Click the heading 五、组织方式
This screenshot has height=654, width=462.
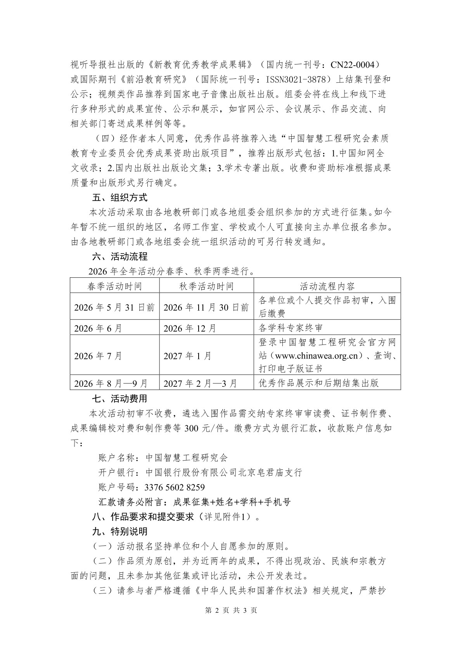click(x=119, y=197)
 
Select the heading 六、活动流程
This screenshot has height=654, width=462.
click(x=119, y=256)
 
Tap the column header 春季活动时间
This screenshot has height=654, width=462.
click(x=114, y=286)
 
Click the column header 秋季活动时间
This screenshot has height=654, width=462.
click(x=206, y=286)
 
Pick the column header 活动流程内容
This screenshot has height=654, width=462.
click(x=327, y=286)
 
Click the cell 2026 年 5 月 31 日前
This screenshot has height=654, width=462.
click(x=114, y=307)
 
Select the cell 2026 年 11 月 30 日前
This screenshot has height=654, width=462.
click(x=206, y=307)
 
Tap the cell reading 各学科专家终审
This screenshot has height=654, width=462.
click(x=291, y=328)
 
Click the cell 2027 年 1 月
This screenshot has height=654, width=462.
click(x=188, y=355)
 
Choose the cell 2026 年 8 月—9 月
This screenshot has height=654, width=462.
click(x=111, y=383)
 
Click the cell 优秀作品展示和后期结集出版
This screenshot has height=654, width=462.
click(x=318, y=383)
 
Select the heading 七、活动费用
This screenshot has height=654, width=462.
click(x=119, y=398)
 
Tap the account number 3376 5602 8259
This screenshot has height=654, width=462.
click(x=174, y=487)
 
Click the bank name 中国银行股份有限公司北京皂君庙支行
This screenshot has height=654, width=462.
click(x=223, y=472)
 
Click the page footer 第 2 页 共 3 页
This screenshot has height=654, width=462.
click(x=231, y=610)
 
